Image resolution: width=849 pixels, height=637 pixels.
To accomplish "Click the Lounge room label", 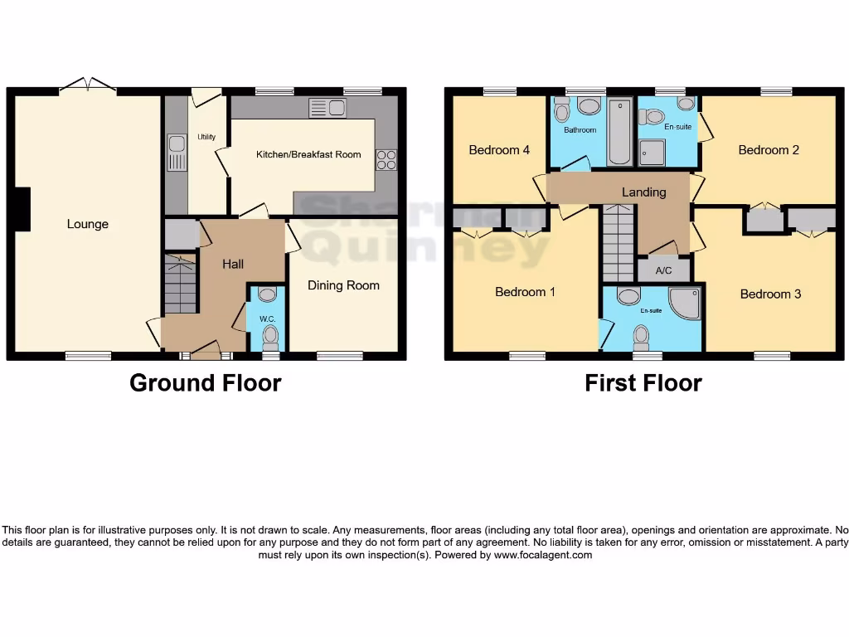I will [87, 224].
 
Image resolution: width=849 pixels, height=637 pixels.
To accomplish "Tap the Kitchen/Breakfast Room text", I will [308, 154].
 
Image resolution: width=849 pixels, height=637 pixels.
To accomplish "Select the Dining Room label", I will [343, 285].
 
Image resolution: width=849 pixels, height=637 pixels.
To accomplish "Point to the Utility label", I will [206, 137].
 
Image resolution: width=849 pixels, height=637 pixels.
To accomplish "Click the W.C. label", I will [267, 319].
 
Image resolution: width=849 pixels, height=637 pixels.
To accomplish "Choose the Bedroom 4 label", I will [498, 150].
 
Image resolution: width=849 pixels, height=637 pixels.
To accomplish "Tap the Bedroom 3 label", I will [770, 294].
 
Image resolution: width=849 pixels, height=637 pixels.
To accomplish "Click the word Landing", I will [643, 192].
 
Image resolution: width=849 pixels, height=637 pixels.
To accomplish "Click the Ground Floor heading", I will [205, 383].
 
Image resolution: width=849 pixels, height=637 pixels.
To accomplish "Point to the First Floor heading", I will [643, 383].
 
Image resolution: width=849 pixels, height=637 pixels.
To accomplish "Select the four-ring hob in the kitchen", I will [386, 158].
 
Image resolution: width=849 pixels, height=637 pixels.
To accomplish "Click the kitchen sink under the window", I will [327, 108].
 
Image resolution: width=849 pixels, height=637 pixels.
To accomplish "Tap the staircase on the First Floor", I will [618, 243].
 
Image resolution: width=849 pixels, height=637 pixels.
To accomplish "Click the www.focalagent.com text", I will [543, 555].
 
